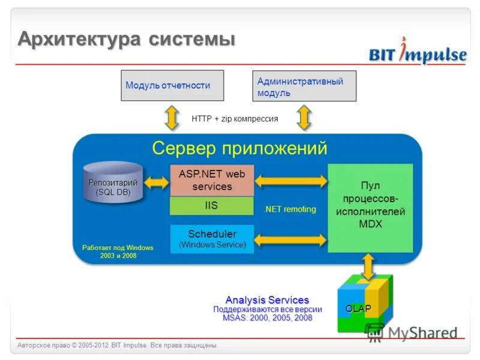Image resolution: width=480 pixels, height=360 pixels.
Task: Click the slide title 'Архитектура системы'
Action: click(126, 40)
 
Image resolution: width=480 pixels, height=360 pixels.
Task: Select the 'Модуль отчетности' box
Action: click(172, 85)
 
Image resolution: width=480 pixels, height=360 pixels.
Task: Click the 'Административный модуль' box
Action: click(304, 86)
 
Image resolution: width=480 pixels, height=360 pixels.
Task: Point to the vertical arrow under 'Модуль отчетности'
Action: click(172, 118)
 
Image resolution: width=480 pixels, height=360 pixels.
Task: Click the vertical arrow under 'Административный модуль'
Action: click(304, 118)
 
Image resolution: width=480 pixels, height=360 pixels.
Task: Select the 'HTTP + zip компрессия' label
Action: click(235, 119)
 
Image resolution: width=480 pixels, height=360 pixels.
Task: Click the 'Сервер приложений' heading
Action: click(239, 148)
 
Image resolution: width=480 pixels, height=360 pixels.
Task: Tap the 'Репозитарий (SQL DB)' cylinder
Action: click(113, 182)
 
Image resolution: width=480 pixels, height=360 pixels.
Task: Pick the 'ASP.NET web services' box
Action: click(212, 180)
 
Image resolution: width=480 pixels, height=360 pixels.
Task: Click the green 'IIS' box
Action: click(212, 206)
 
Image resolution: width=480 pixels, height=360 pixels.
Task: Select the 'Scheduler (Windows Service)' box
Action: click(212, 239)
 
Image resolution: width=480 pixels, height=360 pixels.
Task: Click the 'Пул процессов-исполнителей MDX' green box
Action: click(370, 208)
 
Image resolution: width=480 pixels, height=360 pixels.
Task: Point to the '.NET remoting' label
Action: click(290, 209)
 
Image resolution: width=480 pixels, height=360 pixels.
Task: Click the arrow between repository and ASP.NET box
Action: click(157, 181)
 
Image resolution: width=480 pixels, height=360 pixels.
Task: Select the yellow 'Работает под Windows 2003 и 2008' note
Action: click(118, 251)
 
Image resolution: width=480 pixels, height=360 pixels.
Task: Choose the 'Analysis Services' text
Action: click(267, 300)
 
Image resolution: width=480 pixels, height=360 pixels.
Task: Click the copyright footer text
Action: click(118, 346)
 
